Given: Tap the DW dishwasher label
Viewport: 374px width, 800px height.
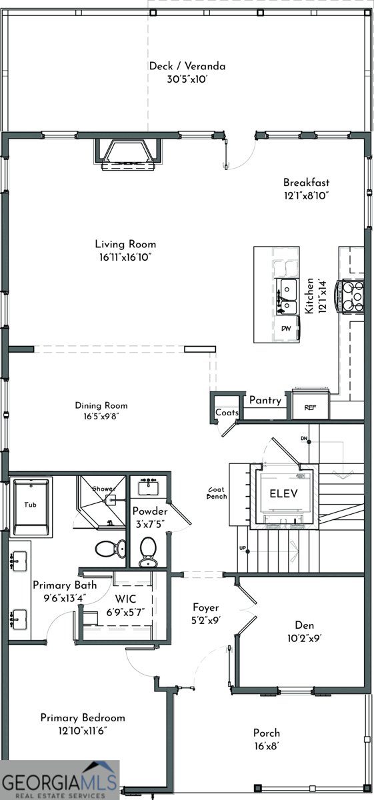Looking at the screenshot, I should pos(285,329).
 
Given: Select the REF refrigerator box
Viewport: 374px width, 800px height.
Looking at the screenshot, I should pos(309,407).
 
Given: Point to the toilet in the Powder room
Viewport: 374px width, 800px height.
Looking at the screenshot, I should pos(148,550).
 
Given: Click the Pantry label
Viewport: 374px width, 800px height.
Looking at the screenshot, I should pos(265,401).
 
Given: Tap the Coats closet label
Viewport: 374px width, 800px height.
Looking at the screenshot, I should pos(227,413).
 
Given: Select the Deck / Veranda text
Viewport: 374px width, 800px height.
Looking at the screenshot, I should pos(187,66).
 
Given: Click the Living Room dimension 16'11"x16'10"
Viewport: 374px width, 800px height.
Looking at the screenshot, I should pos(125,257).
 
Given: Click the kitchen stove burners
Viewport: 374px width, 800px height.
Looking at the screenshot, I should pos(351,296).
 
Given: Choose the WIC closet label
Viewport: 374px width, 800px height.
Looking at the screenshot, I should pos(125,599).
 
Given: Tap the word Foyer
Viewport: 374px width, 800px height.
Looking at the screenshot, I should pos(206,607).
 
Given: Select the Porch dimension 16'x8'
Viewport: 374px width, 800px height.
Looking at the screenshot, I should pos(267,745).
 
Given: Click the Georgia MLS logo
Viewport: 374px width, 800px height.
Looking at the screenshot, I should pos(59,780).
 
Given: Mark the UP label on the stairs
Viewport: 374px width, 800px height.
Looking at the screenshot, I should pos(243,548).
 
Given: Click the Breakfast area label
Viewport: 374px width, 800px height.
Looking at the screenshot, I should pos(306,183).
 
